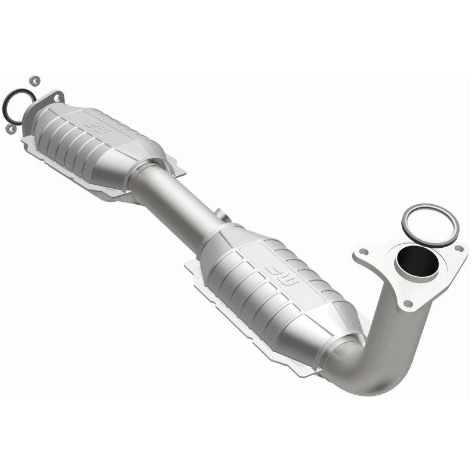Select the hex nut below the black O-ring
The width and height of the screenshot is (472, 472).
(10, 128)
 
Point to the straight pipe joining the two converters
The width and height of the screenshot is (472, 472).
(177, 198)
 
